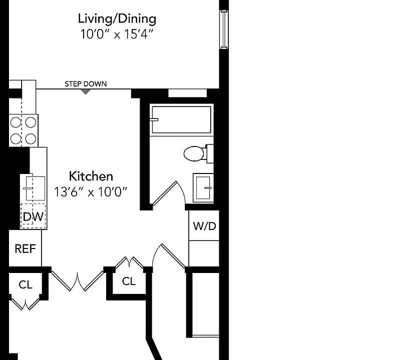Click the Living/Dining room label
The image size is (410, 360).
(x=117, y=19)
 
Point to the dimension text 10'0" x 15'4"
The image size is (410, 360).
(x=117, y=34)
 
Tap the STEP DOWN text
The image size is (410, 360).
(x=86, y=84)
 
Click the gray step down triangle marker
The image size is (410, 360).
(x=86, y=91)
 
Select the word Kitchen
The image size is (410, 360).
(x=91, y=176)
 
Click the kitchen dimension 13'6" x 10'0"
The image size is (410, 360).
(x=91, y=192)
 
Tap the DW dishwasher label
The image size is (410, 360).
(x=33, y=216)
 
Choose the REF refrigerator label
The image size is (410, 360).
(x=26, y=248)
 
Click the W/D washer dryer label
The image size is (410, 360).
(x=204, y=226)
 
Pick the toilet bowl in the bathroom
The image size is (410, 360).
(x=194, y=153)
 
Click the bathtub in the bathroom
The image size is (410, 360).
(x=181, y=119)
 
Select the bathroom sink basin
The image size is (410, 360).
(x=203, y=187)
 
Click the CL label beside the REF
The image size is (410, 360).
(x=26, y=284)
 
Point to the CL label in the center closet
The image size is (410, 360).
(x=129, y=281)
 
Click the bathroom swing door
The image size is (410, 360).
(x=165, y=193)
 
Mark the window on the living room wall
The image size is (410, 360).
(x=224, y=29)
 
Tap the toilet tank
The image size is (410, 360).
(x=210, y=153)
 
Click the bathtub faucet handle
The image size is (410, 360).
(x=154, y=119)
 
